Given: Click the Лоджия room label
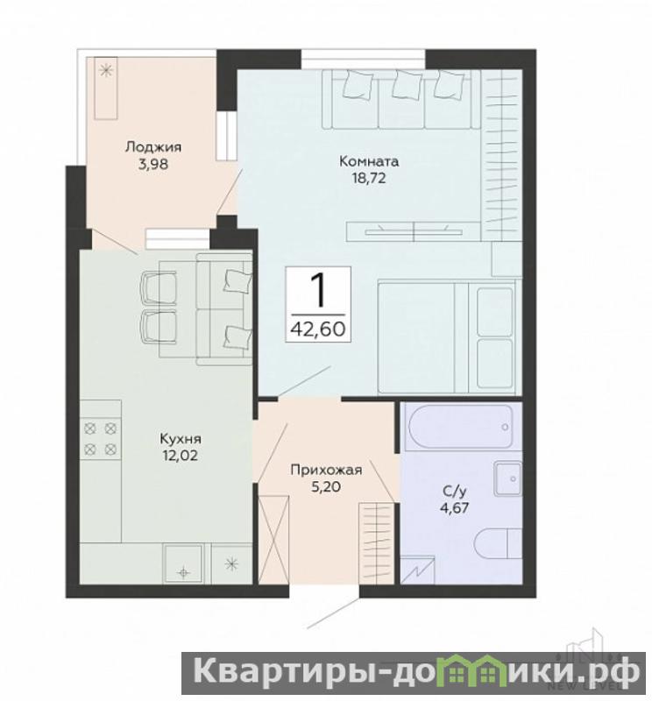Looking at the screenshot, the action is [153, 146].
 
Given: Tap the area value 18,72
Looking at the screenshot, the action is [368, 179].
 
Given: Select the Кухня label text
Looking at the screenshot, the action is [181, 439].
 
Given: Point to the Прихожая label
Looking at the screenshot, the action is [326, 470].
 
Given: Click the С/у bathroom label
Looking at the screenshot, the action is [454, 492].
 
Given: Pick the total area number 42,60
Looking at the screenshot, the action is [318, 329].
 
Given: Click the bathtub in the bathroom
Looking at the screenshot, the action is [461, 426].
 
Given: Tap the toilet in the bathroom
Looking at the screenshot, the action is [499, 543].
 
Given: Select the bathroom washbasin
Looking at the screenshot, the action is [508, 478].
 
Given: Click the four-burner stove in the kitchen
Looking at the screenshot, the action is [101, 438].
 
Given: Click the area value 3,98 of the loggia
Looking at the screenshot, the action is [153, 164].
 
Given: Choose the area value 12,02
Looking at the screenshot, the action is [181, 456].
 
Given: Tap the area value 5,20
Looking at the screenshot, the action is [326, 486].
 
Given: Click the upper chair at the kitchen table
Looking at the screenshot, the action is [158, 288].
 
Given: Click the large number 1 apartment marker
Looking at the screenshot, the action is [318, 290].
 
